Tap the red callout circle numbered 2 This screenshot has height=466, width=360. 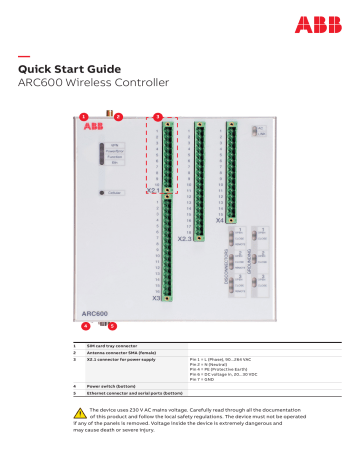coord(118,117)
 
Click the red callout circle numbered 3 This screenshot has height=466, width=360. coord(157,117)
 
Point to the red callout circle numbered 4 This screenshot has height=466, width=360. coord(84,326)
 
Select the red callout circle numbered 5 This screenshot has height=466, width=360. coord(112,326)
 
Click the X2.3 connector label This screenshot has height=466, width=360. coord(185,240)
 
